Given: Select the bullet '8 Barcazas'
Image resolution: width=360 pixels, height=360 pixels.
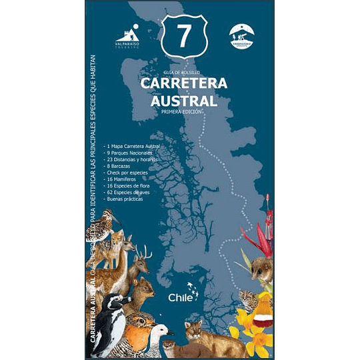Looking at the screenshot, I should click(x=124, y=166).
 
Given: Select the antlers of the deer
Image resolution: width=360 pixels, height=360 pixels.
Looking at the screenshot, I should click(x=143, y=251).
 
